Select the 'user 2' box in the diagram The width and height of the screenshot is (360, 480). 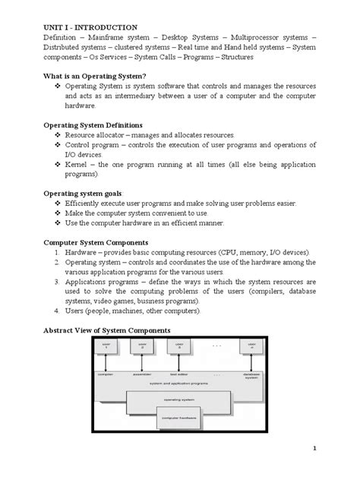[x=143, y=347]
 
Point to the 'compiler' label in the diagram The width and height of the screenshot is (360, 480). [x=106, y=374]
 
